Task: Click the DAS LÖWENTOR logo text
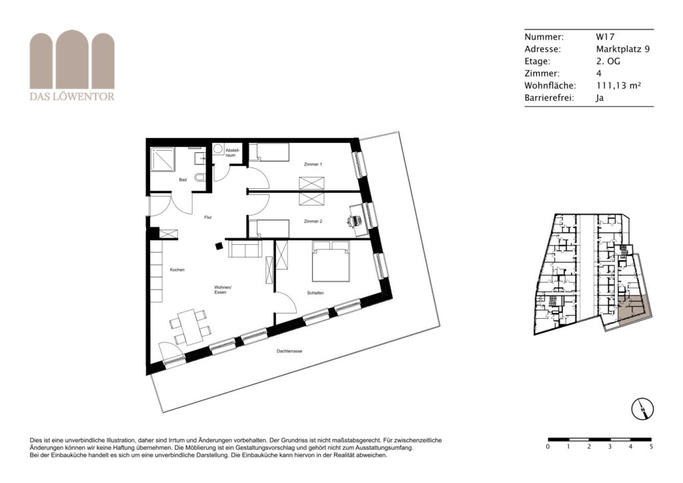[x=72, y=96]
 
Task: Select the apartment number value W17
[x=606, y=37]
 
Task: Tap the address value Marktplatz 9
[x=623, y=49]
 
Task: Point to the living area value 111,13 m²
[x=618, y=85]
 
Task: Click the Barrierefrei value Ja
[x=600, y=97]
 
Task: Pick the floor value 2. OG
[x=608, y=61]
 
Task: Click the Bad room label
[x=183, y=179]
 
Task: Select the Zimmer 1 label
[x=313, y=164]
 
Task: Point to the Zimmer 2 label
[x=313, y=221]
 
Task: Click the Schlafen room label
[x=315, y=293]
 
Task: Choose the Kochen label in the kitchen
[x=177, y=270]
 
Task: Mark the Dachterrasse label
[x=289, y=351]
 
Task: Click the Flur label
[x=208, y=217]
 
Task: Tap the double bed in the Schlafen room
[x=331, y=262]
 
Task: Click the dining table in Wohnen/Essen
[x=191, y=327]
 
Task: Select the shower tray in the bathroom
[x=163, y=160]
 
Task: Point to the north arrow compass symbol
[x=642, y=409]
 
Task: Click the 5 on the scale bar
[x=651, y=446]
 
